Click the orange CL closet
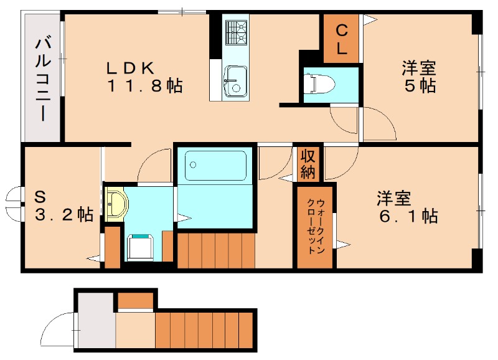(341, 39)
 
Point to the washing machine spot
(142, 247)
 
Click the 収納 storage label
(308, 164)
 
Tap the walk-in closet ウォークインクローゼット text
(315, 225)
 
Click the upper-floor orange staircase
(216, 249)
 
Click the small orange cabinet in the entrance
(135, 300)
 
